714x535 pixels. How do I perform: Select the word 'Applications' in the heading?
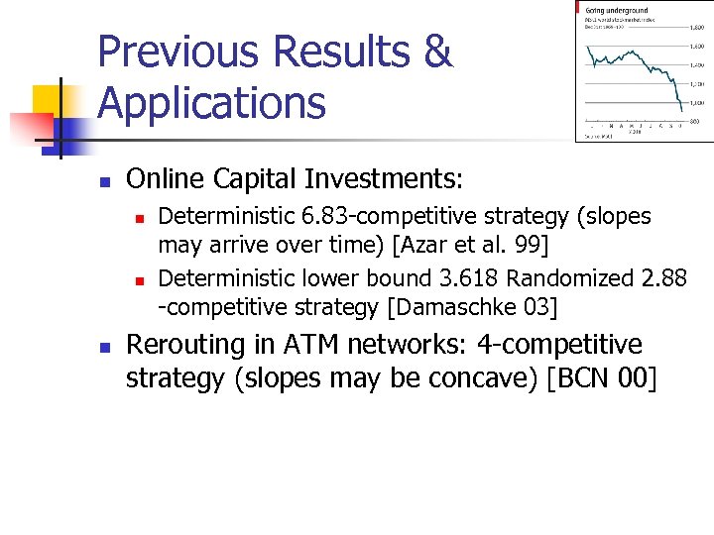212,102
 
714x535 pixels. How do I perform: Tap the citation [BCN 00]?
602,377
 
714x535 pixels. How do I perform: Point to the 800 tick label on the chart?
697,121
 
